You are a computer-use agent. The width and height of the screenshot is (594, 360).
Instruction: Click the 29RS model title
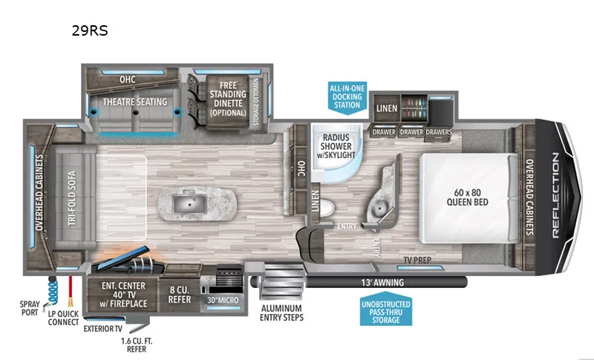click(90, 30)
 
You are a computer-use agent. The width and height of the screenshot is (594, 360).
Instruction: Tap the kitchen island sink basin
click(190, 203)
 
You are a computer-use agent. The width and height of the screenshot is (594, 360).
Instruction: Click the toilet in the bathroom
click(327, 208)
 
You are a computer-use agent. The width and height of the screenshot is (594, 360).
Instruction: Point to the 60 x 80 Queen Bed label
click(468, 197)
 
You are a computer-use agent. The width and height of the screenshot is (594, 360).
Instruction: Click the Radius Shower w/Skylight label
click(336, 145)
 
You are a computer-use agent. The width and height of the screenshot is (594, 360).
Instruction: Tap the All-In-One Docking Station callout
click(347, 96)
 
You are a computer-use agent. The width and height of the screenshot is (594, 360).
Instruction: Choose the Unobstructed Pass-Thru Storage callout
click(385, 310)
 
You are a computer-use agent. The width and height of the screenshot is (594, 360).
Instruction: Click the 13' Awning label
click(382, 282)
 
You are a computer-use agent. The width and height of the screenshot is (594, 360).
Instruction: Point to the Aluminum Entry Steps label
click(281, 312)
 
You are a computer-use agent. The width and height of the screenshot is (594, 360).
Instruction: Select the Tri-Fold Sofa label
click(72, 198)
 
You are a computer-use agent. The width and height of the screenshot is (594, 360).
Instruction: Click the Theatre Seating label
click(135, 102)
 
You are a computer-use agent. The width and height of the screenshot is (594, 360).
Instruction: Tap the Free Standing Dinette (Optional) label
click(228, 99)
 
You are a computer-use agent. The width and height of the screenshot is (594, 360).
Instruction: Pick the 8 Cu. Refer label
click(180, 295)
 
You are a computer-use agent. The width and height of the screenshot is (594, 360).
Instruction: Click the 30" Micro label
click(223, 300)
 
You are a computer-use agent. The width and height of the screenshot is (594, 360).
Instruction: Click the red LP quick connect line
click(70, 292)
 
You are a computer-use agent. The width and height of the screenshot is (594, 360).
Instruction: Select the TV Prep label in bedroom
click(417, 260)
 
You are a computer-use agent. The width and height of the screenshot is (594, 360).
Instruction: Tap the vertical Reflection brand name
click(555, 195)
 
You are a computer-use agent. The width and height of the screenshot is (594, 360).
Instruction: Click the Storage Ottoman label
click(256, 102)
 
